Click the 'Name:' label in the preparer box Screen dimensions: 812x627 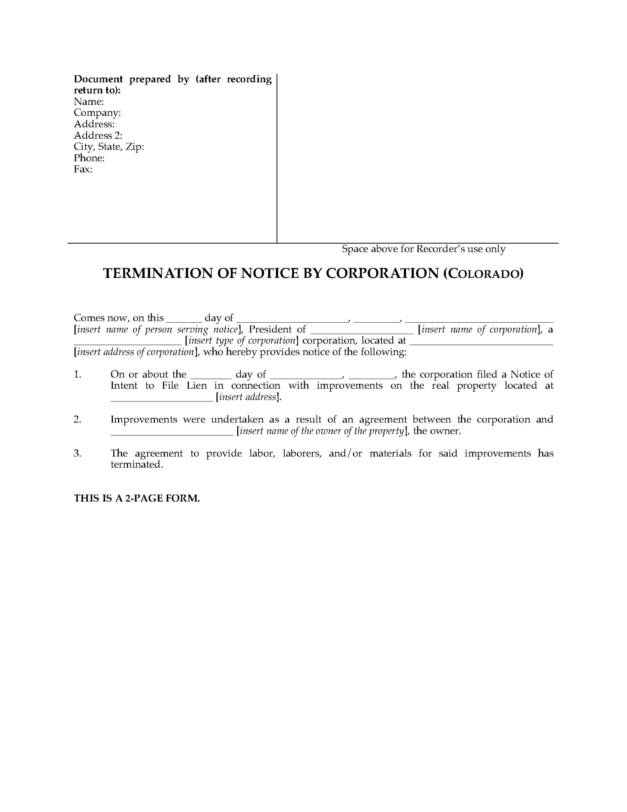tap(89, 101)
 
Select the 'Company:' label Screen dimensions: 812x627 tap(97, 113)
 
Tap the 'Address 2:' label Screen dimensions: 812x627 tap(98, 135)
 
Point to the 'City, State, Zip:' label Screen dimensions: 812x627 tap(109, 147)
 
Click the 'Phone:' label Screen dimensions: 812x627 tap(89, 158)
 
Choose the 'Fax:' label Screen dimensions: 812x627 tap(83, 169)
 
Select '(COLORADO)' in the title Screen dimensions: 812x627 tap(483, 274)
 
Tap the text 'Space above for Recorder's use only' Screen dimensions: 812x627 tap(423, 249)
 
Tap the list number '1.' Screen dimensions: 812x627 tap(77, 374)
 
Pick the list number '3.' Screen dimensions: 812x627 tap(77, 453)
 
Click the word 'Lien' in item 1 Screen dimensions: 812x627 tap(197, 386)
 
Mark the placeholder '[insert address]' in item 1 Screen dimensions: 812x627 tap(248, 397)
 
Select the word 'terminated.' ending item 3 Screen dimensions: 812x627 tap(137, 465)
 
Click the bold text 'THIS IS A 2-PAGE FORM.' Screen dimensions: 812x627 tap(137, 498)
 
